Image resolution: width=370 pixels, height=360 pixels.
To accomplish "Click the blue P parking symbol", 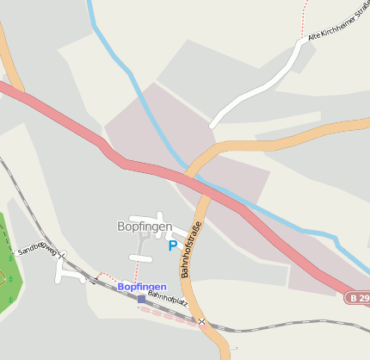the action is (173, 245).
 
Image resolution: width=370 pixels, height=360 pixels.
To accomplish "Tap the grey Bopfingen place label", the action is (145, 227).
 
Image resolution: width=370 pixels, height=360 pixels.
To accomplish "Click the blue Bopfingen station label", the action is (142, 286).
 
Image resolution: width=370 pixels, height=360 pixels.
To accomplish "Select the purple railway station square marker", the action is (141, 299).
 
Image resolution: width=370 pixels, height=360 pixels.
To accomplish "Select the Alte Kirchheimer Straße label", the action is (337, 26).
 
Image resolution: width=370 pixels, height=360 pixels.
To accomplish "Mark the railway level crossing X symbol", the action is (201, 322).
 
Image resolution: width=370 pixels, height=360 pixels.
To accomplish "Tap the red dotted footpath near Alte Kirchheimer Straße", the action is (305, 17).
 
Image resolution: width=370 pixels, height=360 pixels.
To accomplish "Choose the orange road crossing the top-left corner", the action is (10, 60).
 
